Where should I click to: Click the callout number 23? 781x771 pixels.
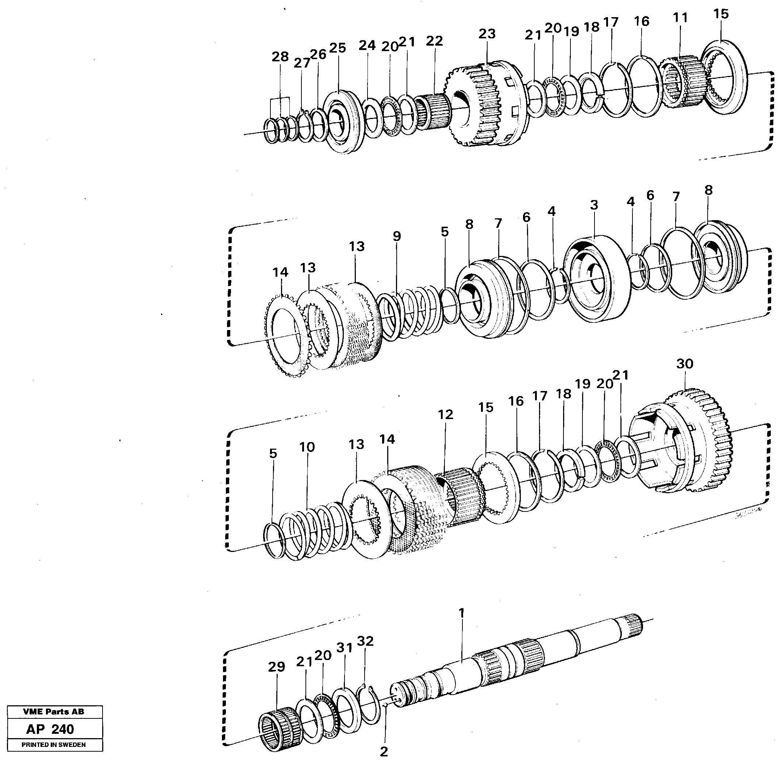tap(487, 34)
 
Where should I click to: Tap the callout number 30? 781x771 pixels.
tap(685, 364)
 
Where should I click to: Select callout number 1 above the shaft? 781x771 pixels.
tap(461, 613)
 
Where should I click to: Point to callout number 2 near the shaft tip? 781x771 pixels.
tap(384, 752)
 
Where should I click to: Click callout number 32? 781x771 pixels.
tap(365, 641)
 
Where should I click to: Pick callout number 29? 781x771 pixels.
tap(277, 667)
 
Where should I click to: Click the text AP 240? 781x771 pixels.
tap(50, 729)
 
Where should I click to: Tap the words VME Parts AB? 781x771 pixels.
tap(53, 712)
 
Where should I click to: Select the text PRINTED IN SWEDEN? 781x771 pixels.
tap(53, 745)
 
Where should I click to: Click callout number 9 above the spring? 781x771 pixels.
tap(397, 237)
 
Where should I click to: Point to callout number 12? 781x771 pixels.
tap(445, 414)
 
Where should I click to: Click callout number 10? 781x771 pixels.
tap(307, 447)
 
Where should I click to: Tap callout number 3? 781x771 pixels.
tap(593, 205)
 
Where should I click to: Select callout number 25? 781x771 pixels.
tap(338, 48)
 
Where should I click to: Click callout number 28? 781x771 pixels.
tap(280, 57)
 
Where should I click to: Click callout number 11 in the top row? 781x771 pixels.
tap(680, 18)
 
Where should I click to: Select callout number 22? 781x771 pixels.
tap(434, 41)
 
